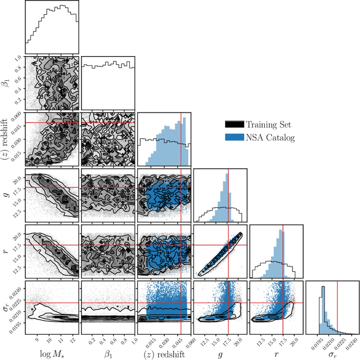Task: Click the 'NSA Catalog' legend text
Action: point(268,137)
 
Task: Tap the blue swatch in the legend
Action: point(235,137)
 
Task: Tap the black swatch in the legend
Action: point(235,124)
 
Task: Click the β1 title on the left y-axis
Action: point(7,83)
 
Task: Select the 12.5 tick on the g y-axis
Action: point(17,212)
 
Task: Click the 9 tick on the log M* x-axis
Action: point(37,341)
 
